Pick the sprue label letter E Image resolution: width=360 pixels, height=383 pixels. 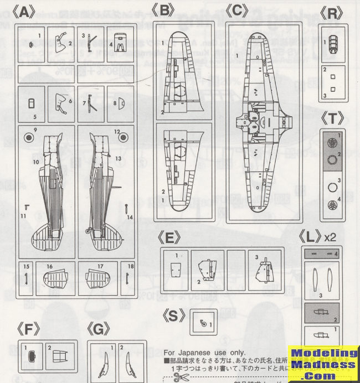173,239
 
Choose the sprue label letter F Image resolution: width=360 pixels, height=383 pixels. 32,330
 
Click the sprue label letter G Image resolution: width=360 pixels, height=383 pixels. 98,330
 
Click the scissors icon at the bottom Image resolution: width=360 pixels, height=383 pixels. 181,377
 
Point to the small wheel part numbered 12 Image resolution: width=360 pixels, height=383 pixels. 123,139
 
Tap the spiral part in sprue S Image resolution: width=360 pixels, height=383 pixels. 204,322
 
